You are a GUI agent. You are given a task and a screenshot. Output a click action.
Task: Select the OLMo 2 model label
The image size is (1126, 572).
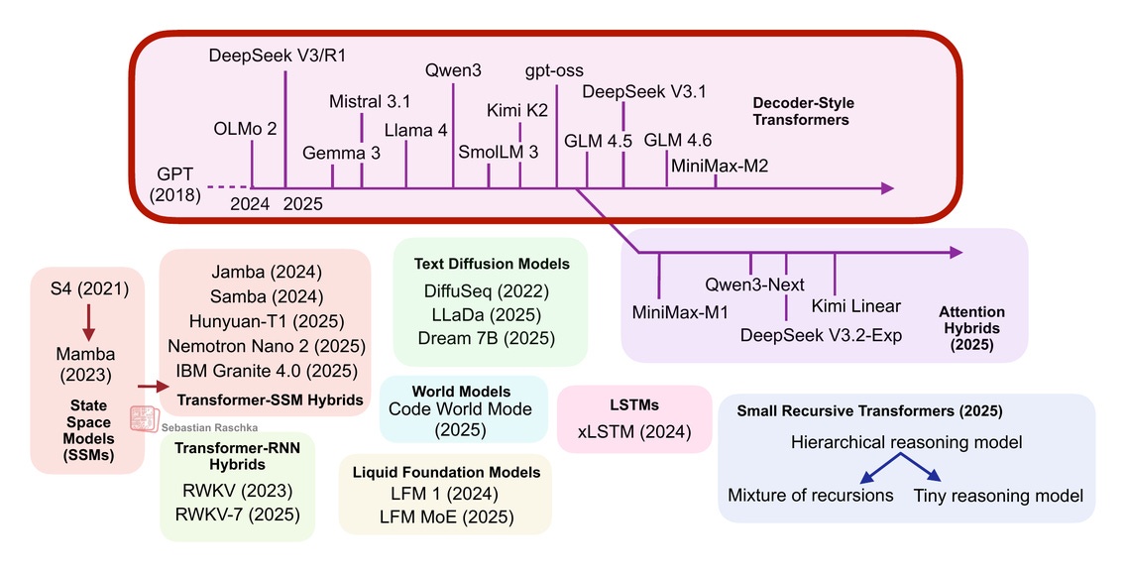(x=245, y=129)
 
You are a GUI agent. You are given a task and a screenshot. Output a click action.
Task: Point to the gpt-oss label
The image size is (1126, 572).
(x=554, y=71)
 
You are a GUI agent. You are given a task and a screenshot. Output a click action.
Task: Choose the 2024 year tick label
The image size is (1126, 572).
(x=250, y=204)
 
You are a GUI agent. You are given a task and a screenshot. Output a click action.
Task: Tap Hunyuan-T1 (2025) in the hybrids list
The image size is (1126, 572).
(x=265, y=321)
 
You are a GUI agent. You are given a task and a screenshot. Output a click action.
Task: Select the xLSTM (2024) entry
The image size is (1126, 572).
(x=634, y=432)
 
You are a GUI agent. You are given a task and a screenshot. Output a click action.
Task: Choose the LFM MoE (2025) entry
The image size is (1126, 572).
(x=446, y=516)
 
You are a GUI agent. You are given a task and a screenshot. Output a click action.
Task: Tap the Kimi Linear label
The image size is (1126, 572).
(x=856, y=304)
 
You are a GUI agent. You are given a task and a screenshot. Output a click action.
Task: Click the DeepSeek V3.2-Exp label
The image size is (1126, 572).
(x=822, y=334)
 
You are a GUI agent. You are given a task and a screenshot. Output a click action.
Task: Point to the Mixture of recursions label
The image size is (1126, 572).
(x=811, y=496)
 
